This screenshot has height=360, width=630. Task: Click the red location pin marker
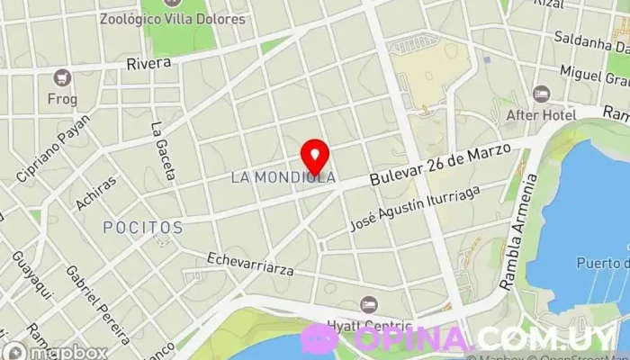coord(314,155)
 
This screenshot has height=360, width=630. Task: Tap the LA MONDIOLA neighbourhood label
coord(283,177)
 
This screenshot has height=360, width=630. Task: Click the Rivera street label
coord(148,64)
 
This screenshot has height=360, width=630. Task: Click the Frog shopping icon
coord(62,78)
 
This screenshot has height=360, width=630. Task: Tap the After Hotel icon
coord(541,94)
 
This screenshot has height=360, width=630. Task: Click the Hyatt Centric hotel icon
coord(368,305)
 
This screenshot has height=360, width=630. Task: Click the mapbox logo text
coord(63,351)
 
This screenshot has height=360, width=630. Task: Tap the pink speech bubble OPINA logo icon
coord(319,337)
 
